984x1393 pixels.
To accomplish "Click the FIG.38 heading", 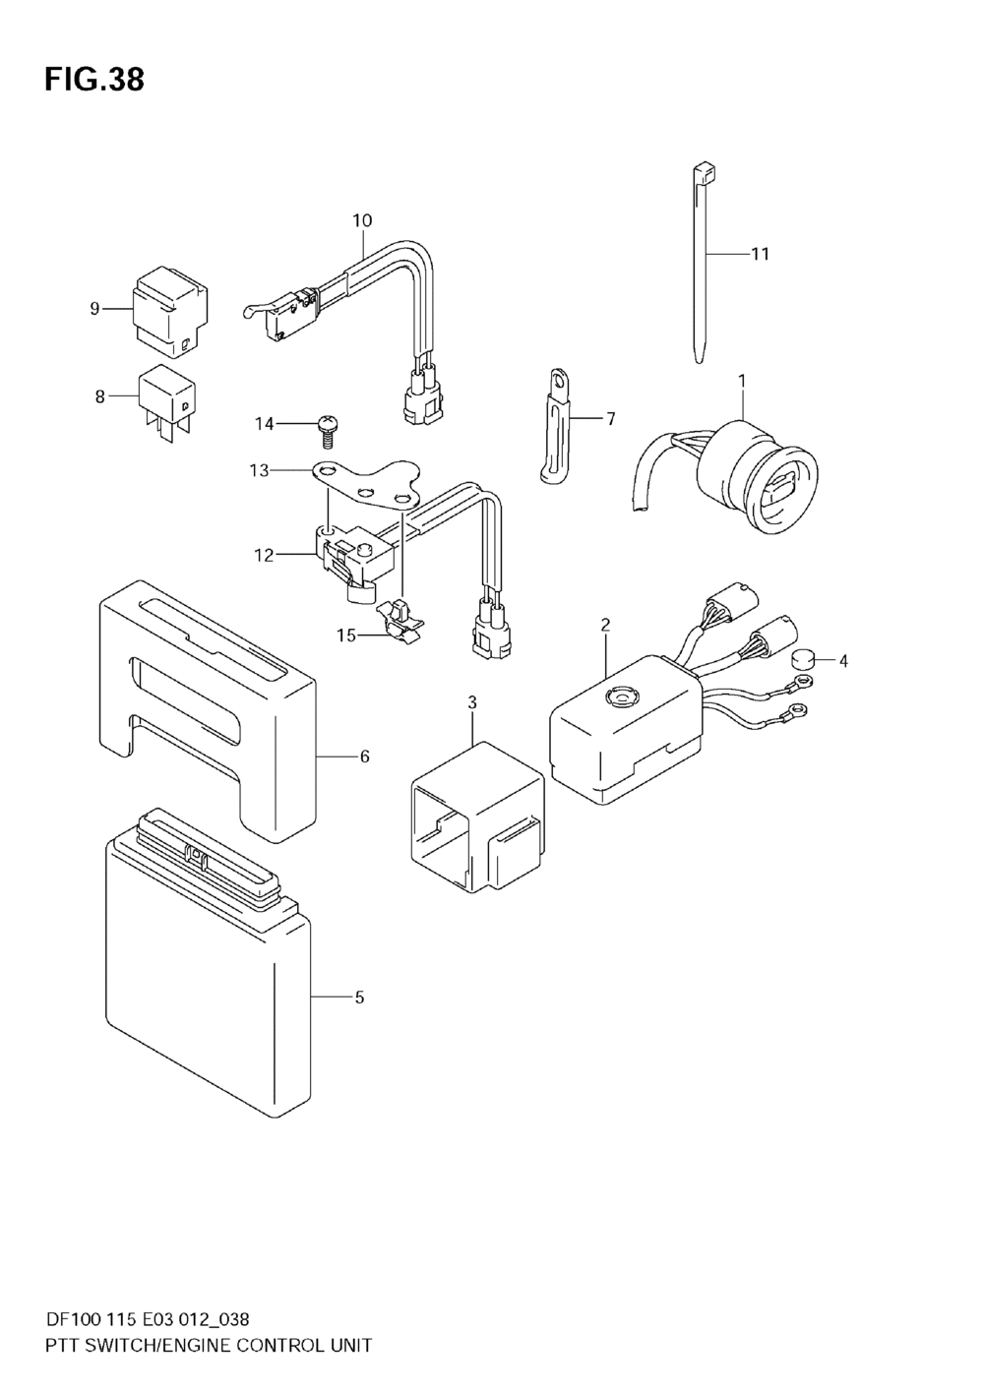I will [x=94, y=80].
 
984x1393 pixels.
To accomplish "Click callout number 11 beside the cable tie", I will [x=759, y=254].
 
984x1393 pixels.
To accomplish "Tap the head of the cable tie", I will [x=706, y=172].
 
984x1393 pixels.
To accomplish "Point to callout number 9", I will [x=94, y=309].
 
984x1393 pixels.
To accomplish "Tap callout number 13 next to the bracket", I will [x=259, y=471].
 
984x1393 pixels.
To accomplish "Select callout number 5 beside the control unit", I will [x=359, y=997].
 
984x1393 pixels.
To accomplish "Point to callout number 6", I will [x=364, y=757].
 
